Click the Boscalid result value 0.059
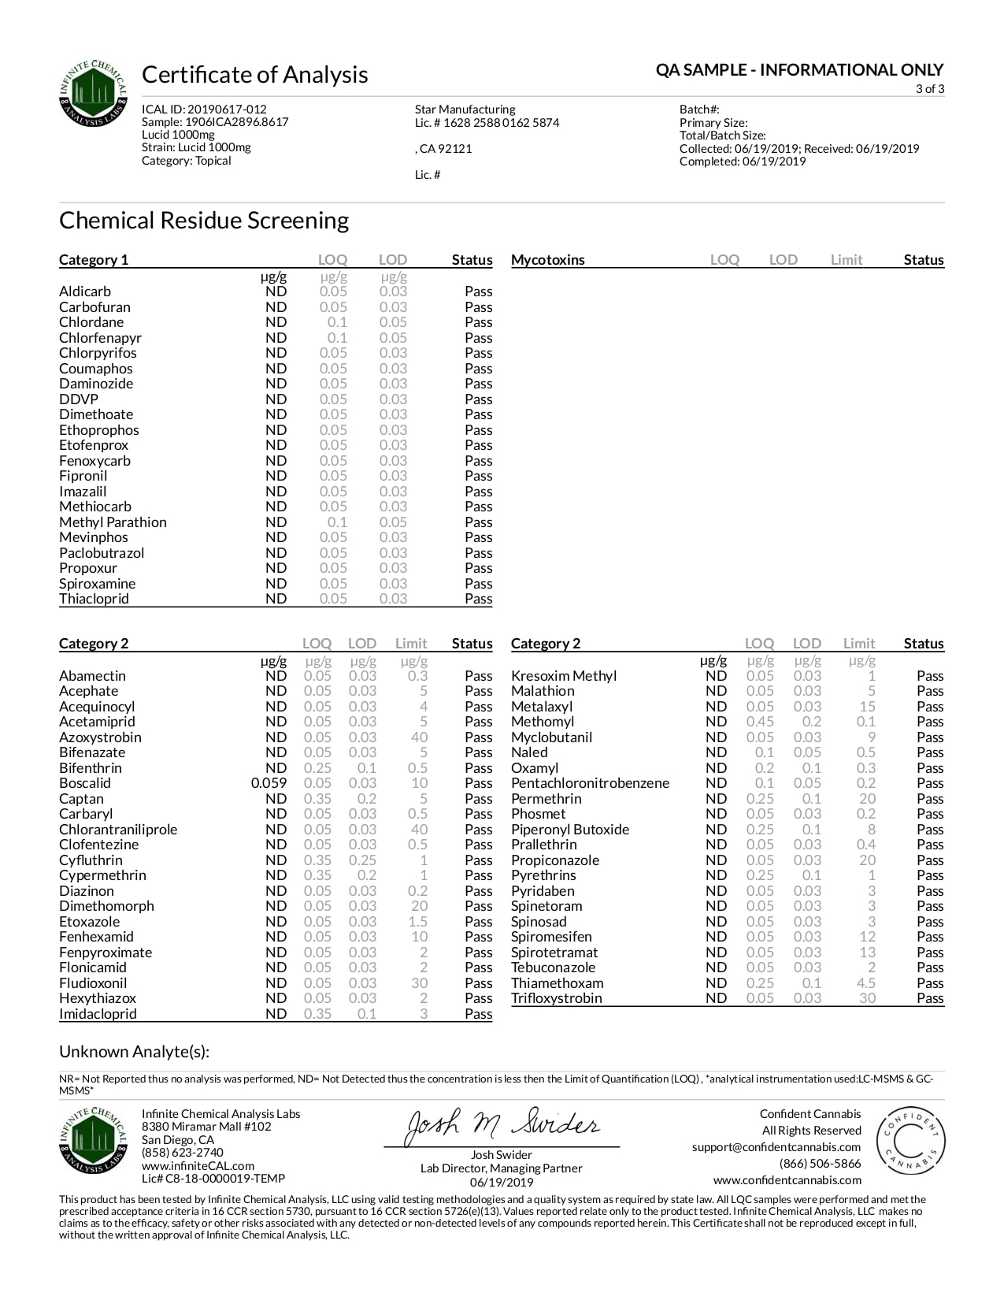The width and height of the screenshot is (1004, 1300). tap(269, 783)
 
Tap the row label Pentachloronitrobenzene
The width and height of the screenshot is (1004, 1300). tap(590, 783)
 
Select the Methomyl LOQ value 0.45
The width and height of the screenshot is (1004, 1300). tap(759, 722)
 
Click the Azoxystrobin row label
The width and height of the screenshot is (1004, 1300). tap(100, 737)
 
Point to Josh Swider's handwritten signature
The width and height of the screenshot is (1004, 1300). tap(502, 1126)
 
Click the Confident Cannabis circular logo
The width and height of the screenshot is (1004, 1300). tap(910, 1141)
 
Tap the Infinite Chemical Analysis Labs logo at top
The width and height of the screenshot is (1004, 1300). tap(93, 94)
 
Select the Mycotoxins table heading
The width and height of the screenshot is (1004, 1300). tap(547, 260)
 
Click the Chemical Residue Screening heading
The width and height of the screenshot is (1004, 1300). tap(204, 220)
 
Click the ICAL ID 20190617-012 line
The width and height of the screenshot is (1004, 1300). tap(204, 110)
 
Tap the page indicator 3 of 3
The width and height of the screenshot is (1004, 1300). tap(929, 89)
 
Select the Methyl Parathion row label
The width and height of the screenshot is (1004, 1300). tap(113, 522)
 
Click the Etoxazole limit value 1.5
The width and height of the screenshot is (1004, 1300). tap(418, 922)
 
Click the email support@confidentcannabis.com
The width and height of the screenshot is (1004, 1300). tap(776, 1147)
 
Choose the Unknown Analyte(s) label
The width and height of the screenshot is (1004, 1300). tap(134, 1052)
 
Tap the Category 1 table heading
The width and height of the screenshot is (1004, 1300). tap(93, 260)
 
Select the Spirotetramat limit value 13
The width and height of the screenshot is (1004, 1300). tap(867, 953)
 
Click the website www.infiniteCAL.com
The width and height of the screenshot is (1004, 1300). tap(198, 1166)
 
